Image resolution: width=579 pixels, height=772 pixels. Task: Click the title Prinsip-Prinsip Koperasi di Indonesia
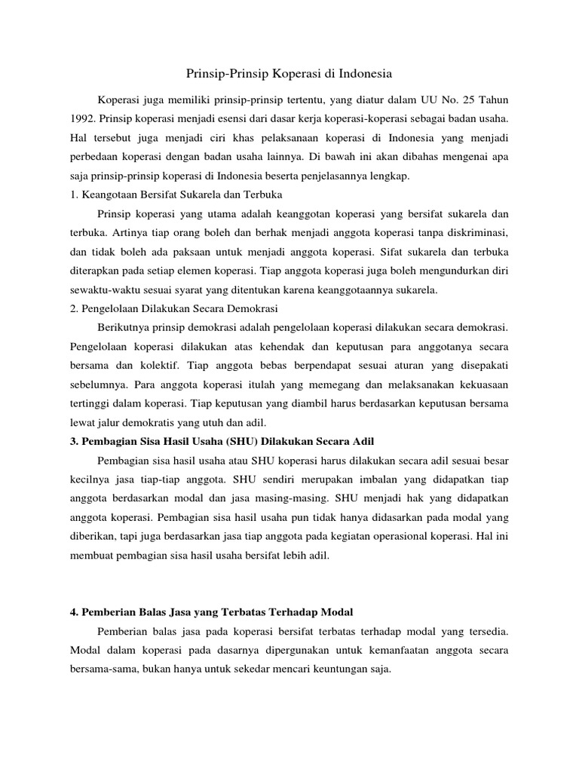coord(289,74)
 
